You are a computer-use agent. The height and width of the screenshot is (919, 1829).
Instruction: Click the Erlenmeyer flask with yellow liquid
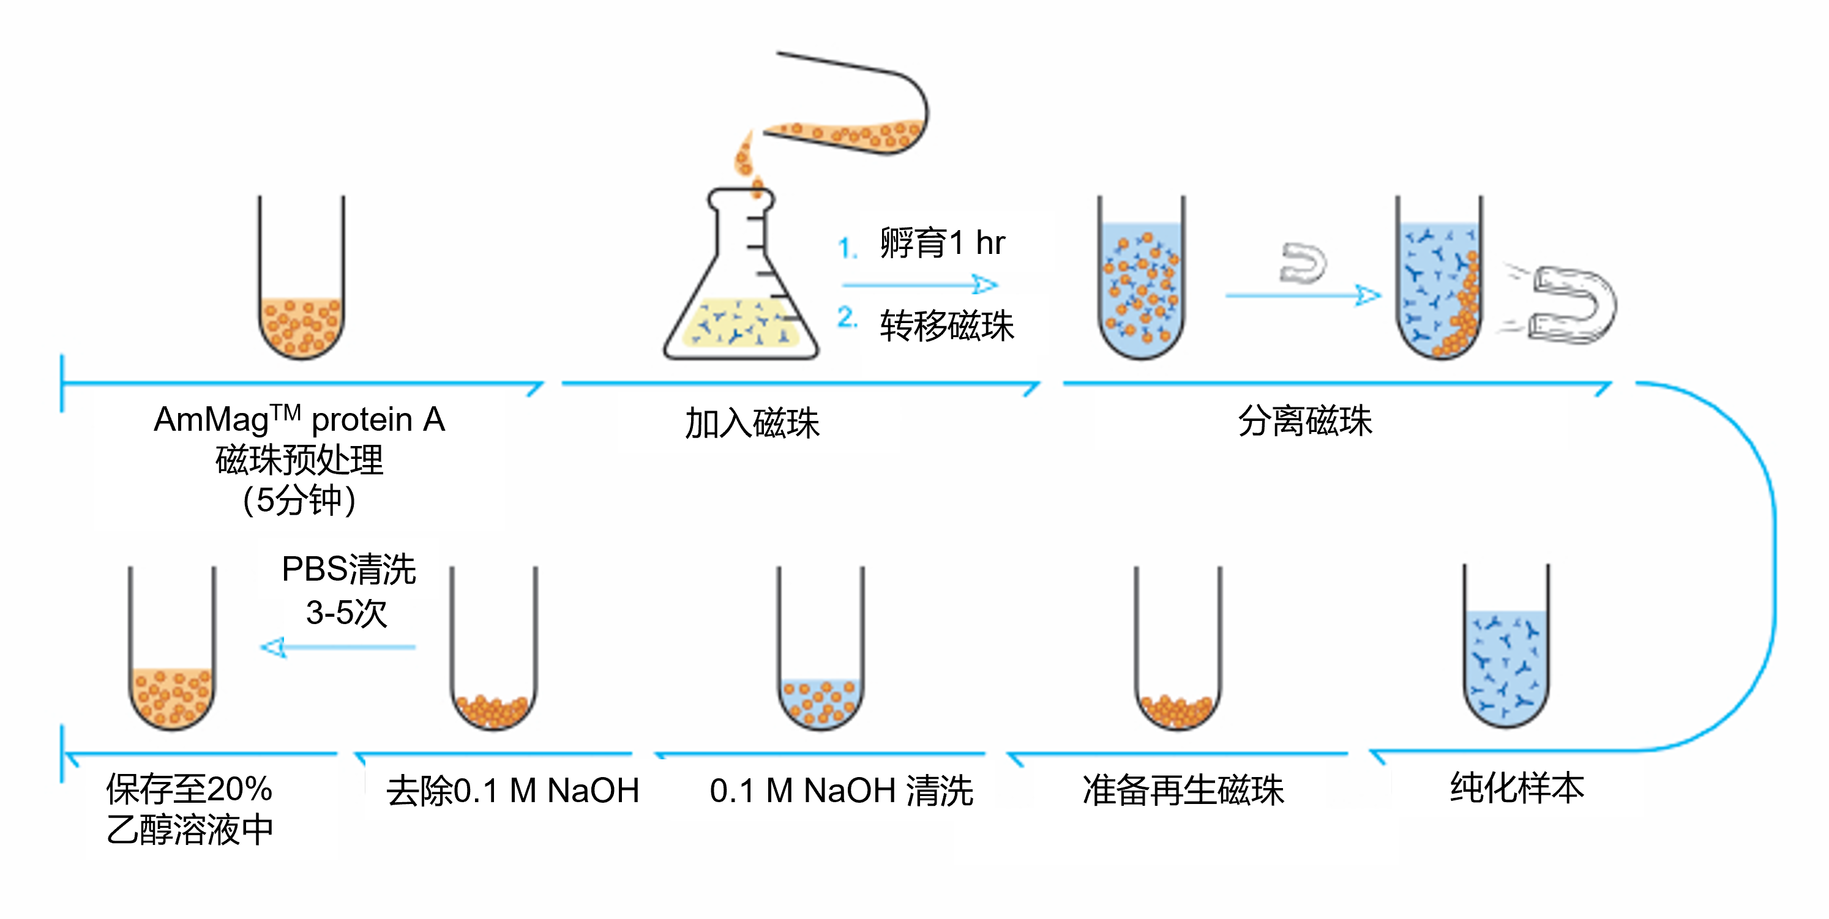(741, 298)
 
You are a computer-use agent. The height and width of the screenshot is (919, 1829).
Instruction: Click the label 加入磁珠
(752, 423)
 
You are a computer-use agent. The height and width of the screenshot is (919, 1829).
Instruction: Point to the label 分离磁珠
(1305, 421)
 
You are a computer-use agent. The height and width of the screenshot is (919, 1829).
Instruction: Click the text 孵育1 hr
(942, 244)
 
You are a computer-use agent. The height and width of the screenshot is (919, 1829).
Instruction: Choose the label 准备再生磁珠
(1183, 791)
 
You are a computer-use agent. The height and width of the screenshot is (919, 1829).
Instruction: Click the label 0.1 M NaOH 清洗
(842, 791)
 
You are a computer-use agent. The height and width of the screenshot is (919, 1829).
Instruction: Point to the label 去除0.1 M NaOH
(512, 791)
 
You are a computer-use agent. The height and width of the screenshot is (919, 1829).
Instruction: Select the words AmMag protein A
(299, 419)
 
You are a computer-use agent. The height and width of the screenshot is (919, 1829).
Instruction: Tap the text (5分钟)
(299, 500)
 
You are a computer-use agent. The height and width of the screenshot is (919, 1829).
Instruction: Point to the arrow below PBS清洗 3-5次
(338, 647)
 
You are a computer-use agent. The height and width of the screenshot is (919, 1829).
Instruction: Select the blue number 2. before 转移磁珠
(847, 317)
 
